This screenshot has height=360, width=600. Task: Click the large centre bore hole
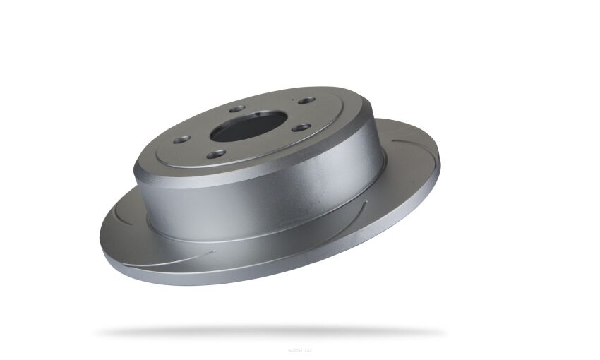pyautogui.click(x=246, y=126)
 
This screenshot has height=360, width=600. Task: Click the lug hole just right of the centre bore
pyautogui.click(x=302, y=128)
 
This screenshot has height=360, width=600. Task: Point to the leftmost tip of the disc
pyautogui.click(x=101, y=233)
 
